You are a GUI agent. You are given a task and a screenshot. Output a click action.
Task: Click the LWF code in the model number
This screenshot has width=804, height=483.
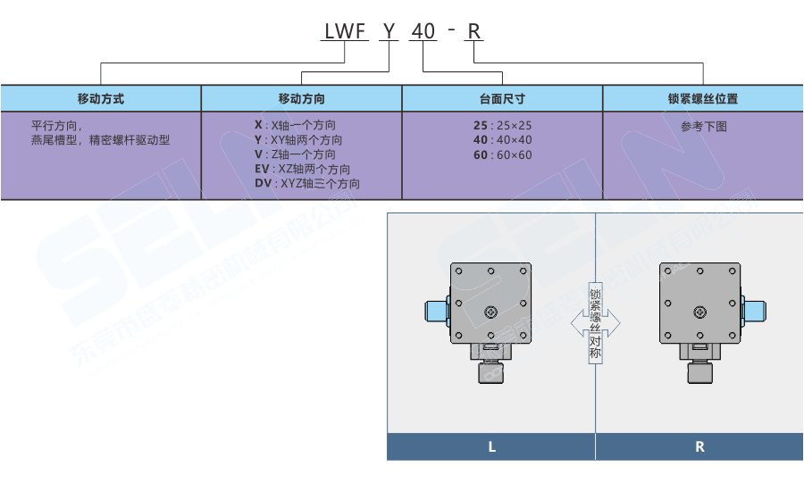tap(345, 32)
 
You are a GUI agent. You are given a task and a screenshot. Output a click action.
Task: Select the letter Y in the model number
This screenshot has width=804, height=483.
tap(388, 32)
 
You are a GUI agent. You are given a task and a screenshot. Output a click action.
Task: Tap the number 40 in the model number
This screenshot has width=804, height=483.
tap(423, 32)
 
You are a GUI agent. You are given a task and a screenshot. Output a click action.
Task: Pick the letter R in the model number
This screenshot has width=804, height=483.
tap(474, 32)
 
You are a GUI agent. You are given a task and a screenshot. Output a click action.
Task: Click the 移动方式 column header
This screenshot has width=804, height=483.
tap(101, 98)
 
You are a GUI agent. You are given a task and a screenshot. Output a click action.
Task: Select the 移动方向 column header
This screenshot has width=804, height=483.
tap(302, 98)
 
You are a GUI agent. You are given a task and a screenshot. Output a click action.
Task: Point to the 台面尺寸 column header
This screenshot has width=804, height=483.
tap(502, 98)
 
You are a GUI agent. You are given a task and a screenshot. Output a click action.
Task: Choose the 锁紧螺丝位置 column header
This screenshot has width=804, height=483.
tap(703, 98)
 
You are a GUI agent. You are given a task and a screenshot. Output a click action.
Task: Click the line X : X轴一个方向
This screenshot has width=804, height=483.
tap(295, 125)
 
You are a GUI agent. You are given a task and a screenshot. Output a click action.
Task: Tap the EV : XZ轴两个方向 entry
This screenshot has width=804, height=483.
tap(302, 169)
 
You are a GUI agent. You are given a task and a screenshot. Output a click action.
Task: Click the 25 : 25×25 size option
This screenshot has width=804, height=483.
tap(502, 126)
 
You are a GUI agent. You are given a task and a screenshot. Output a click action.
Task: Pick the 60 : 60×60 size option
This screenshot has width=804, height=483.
tap(502, 154)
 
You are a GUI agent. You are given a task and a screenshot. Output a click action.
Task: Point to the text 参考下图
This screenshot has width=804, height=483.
tap(703, 127)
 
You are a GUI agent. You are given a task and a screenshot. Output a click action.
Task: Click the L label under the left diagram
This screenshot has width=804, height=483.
tap(491, 446)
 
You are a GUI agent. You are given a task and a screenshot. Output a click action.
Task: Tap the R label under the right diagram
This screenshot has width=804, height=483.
tap(699, 446)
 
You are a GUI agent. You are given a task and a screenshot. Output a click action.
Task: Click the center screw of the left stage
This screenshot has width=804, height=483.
tap(490, 312)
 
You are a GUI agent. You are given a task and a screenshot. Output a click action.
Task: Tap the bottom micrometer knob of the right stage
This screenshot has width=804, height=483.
tap(699, 371)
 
